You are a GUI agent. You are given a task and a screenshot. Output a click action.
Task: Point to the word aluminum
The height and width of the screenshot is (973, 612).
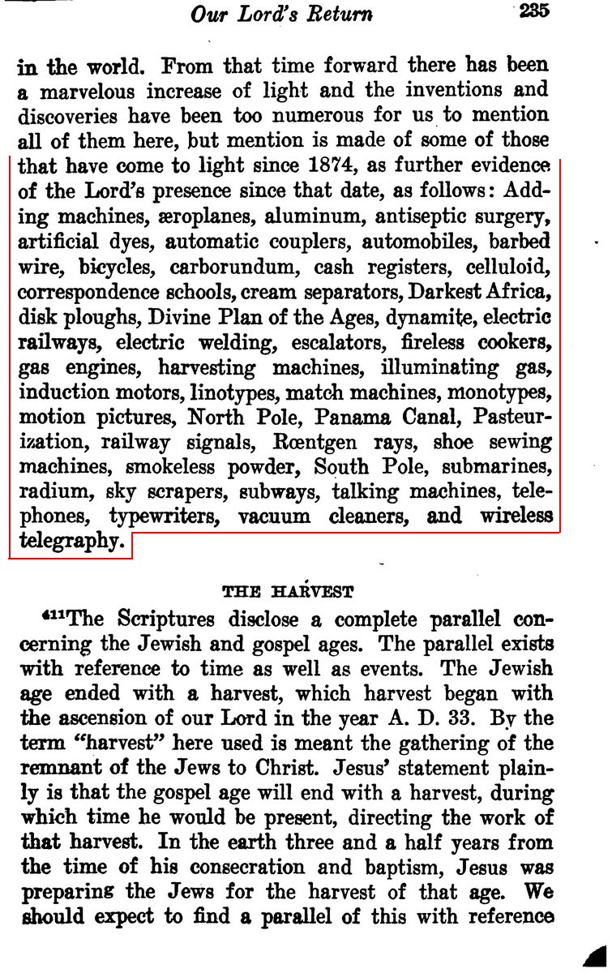tap(310, 216)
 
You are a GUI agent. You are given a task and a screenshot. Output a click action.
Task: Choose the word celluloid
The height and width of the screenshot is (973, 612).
tap(509, 267)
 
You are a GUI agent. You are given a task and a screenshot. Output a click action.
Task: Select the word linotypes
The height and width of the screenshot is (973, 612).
tap(238, 392)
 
